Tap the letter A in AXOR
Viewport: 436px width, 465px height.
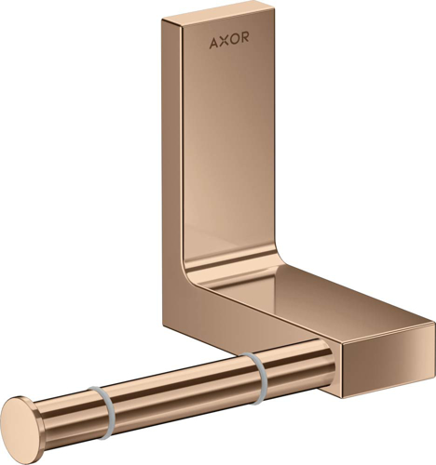tap(214, 42)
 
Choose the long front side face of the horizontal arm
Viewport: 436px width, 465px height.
tap(307, 339)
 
